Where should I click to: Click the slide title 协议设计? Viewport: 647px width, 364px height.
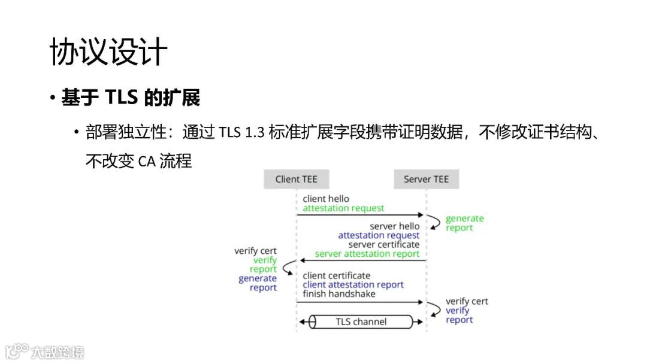(108, 52)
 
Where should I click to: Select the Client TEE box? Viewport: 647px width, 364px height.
(296, 179)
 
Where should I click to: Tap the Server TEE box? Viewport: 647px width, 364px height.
(426, 179)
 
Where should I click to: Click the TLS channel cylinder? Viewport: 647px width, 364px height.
(361, 322)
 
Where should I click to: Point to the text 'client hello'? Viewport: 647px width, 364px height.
(326, 199)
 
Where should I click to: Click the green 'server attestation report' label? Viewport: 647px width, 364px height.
(367, 254)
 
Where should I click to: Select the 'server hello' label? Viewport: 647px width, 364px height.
(395, 226)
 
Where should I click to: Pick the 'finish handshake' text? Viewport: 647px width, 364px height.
(339, 294)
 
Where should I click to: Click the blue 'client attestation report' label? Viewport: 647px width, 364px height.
(353, 285)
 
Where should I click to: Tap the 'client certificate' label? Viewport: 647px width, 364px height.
(337, 275)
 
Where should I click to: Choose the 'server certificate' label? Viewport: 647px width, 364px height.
(384, 245)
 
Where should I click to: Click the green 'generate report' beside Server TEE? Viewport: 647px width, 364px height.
(464, 223)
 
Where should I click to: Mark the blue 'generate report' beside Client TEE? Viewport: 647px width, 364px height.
(258, 283)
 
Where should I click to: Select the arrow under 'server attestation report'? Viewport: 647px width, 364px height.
(362, 260)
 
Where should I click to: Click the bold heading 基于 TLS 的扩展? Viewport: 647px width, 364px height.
(131, 98)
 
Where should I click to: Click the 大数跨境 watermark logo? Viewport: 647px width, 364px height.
(45, 351)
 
